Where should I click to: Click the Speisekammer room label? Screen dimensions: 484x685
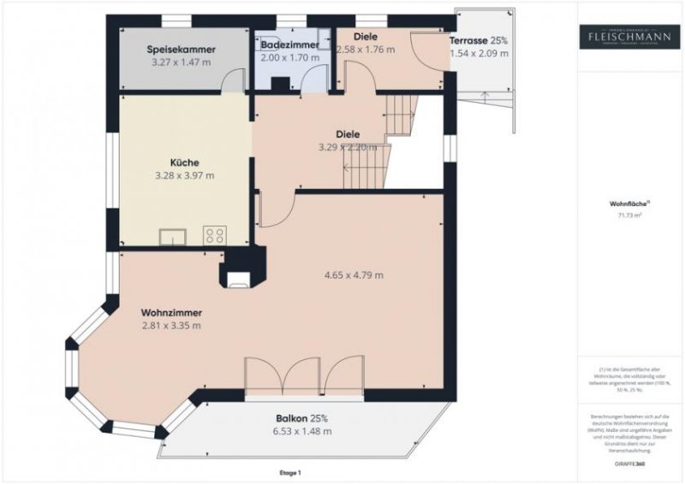(181, 50)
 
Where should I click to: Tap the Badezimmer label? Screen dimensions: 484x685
(290, 44)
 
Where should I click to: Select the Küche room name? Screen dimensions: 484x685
(185, 162)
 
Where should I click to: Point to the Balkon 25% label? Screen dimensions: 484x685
(302, 418)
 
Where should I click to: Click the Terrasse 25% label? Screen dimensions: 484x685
(479, 40)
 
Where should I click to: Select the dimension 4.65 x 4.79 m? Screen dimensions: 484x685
(354, 274)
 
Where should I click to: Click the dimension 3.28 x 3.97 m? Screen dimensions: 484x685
(184, 175)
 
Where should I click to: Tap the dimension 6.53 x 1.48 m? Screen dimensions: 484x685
(303, 431)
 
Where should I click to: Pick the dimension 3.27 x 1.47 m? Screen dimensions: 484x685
(181, 62)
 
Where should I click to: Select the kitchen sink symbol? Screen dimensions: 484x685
(173, 236)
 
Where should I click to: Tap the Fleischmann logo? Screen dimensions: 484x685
(628, 37)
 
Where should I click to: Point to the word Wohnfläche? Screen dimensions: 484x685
(627, 204)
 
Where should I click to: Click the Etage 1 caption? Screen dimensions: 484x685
(291, 472)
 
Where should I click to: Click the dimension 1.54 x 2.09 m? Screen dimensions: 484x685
(479, 53)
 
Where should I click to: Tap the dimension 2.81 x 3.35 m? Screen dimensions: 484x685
(171, 326)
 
